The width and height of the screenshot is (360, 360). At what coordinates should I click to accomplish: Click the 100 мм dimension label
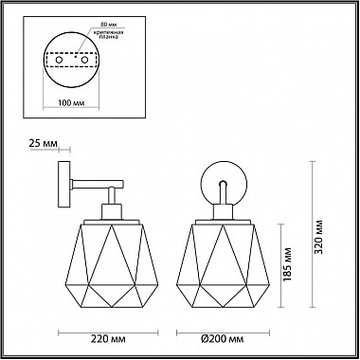coord(71,103)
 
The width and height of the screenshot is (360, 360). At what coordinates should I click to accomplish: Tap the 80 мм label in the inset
coord(107,24)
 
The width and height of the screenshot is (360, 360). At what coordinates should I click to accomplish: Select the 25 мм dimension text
coord(44,144)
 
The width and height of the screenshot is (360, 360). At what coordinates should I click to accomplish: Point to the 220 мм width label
coord(108,339)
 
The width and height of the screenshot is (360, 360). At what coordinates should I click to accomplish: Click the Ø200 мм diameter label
coord(223,339)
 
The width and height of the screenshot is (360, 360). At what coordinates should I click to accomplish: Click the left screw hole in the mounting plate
coord(59,60)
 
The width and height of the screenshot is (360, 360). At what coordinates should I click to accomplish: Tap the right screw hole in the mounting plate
coord(84,60)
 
